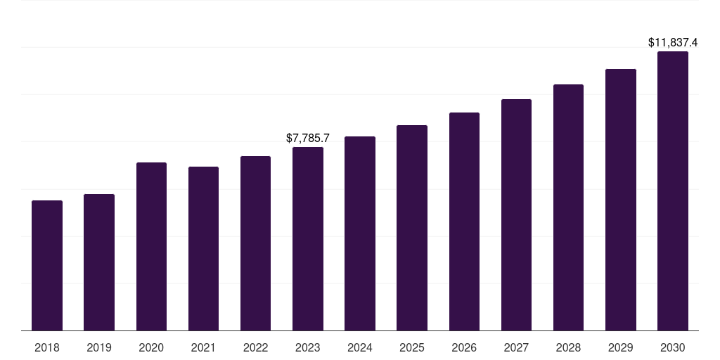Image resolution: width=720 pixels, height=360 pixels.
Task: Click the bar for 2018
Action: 47,266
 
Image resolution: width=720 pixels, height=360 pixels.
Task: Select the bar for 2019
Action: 99,262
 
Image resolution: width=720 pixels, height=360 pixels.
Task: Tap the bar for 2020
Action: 151,247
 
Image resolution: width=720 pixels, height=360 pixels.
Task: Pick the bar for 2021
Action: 203,249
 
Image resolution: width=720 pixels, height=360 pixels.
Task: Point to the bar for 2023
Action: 308,239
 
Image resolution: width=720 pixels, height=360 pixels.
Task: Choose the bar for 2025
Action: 412,228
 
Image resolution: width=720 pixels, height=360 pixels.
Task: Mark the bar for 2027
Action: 516,215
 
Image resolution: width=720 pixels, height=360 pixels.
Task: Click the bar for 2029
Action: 621,200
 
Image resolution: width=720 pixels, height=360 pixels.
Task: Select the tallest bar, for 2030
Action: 673,191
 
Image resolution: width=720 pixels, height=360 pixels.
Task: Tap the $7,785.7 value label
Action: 308,139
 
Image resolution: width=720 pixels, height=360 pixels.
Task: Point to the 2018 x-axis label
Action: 47,347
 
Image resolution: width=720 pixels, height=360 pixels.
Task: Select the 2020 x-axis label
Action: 151,347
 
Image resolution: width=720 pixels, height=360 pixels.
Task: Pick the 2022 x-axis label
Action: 255,347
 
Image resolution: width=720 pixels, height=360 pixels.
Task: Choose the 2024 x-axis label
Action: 360,347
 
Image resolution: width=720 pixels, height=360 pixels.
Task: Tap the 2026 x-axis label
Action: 464,347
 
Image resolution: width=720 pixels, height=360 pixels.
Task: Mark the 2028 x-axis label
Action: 568,347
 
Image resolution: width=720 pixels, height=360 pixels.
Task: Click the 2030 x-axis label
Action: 673,347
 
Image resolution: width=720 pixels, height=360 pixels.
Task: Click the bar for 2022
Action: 255,243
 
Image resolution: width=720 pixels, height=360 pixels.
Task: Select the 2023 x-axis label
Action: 308,347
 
